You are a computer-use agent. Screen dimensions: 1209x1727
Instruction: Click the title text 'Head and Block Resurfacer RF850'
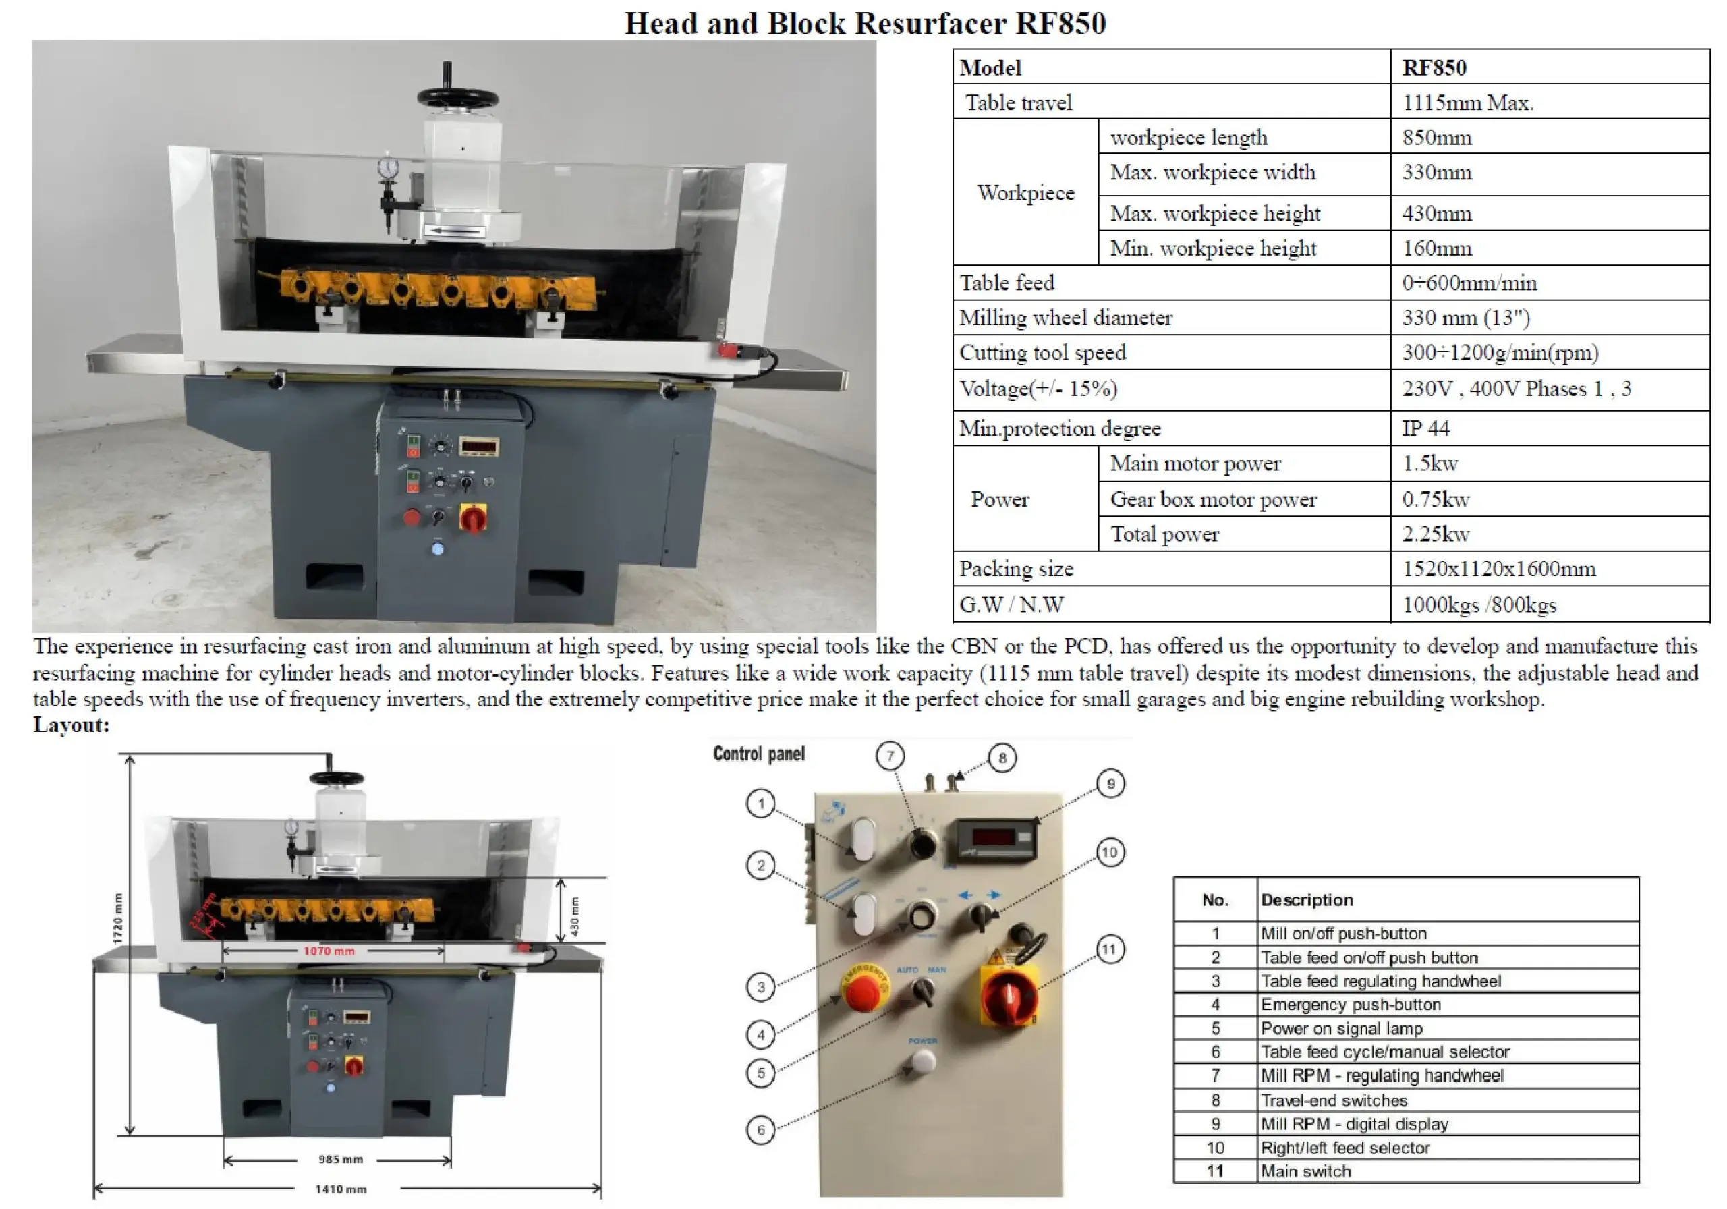pos(864,24)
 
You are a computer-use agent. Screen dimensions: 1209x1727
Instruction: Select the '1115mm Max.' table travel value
pos(1467,103)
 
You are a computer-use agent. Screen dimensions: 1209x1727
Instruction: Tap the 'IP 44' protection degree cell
pos(1425,428)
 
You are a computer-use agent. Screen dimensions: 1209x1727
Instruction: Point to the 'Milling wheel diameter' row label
pos(1065,318)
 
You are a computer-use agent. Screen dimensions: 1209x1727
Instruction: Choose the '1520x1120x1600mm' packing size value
pos(1498,569)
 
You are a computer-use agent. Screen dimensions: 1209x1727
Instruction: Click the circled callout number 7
pos(890,756)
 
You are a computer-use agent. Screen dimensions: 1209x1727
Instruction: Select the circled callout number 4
pos(760,1035)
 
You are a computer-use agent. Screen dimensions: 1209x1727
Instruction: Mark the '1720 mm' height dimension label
pos(117,919)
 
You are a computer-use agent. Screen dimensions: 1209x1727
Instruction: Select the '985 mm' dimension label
pos(340,1159)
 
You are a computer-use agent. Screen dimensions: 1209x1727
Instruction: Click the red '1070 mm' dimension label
pos(329,951)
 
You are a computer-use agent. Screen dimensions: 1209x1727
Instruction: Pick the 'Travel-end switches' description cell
pos(1334,1100)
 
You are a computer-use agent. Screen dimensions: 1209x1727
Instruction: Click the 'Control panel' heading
pos(758,754)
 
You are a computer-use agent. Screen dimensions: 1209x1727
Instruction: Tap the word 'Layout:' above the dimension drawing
pos(72,725)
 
